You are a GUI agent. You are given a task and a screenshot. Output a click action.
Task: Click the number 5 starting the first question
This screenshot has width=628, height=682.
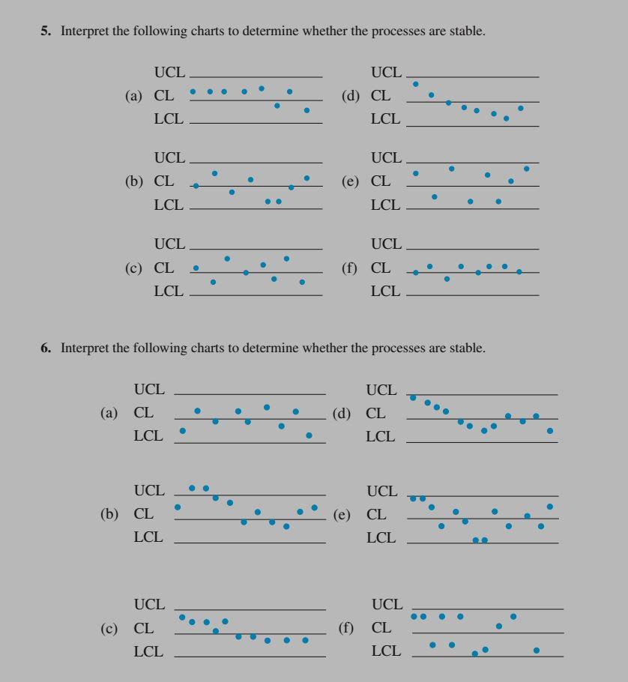(x=44, y=34)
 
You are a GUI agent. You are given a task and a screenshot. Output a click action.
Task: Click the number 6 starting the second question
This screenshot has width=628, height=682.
(x=44, y=348)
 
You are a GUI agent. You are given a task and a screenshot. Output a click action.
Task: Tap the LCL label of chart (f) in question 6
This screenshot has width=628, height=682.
(x=387, y=651)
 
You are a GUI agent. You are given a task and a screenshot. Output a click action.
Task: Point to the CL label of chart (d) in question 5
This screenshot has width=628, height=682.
(x=381, y=96)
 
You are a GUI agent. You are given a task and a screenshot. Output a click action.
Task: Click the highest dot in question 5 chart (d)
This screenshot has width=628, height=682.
(x=416, y=84)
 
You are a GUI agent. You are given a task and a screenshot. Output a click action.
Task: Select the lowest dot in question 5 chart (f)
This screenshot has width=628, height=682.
(x=447, y=279)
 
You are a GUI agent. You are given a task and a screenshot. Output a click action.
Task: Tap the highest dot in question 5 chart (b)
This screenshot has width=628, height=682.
(x=214, y=173)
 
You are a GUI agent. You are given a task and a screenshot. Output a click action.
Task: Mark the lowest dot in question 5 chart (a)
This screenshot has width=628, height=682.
(x=307, y=110)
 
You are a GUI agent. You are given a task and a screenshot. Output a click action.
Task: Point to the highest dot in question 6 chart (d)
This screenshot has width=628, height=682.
(x=413, y=397)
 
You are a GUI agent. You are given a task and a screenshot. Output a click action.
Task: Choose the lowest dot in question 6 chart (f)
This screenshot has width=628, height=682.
(x=474, y=654)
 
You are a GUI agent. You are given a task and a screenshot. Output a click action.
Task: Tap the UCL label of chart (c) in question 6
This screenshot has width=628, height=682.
(x=148, y=604)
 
